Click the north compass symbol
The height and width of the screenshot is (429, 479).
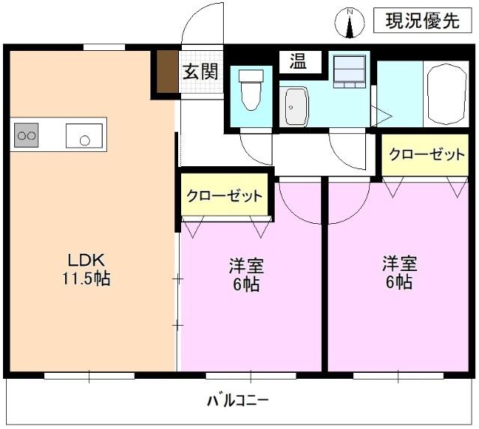(x=350, y=22)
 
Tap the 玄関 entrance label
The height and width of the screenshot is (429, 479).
(x=201, y=73)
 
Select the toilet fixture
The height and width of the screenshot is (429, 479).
(x=251, y=90)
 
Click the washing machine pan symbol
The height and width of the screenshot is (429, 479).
(x=348, y=70)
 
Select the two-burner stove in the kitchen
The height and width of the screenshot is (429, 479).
(x=27, y=136)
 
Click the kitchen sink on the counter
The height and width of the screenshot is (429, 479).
(x=83, y=136)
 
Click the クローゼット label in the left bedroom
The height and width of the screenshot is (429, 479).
(x=225, y=196)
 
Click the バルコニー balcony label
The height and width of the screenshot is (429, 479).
(x=238, y=401)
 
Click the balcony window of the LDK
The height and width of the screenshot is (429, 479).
(x=90, y=375)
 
